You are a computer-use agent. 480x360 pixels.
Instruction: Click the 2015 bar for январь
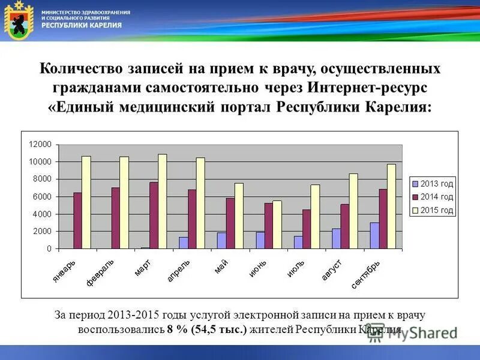click(x=86, y=202)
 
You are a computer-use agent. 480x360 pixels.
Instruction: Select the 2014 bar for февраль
click(x=115, y=218)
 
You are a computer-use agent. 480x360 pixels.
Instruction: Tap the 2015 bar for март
click(x=163, y=201)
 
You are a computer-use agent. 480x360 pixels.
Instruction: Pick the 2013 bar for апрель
click(x=183, y=242)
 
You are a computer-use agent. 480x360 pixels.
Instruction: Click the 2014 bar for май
click(x=230, y=223)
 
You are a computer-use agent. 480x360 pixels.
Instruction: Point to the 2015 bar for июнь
click(x=277, y=224)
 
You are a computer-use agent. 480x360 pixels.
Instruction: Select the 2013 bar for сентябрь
click(x=374, y=235)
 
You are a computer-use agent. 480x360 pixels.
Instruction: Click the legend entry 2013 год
click(x=433, y=182)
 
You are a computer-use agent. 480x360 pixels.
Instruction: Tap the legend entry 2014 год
click(x=433, y=196)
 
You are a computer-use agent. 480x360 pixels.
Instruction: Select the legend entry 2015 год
click(x=433, y=211)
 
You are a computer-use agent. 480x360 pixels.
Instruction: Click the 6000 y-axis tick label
click(x=42, y=197)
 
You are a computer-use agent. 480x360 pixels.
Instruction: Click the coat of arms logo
click(x=17, y=22)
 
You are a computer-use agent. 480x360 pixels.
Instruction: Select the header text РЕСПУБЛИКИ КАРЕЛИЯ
click(x=82, y=25)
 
